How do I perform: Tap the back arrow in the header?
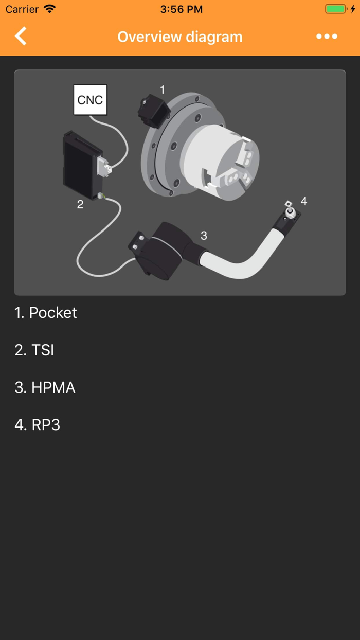click(x=21, y=37)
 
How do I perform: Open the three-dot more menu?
click(x=327, y=37)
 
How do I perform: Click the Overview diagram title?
click(x=179, y=37)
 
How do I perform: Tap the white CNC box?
click(x=90, y=100)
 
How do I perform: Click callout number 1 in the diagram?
click(x=163, y=90)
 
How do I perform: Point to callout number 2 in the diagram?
click(x=80, y=204)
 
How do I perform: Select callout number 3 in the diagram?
click(x=204, y=236)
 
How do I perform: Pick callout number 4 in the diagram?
click(x=304, y=201)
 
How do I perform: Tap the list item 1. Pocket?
click(x=46, y=313)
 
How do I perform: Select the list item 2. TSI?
click(x=34, y=350)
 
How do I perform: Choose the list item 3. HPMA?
click(x=45, y=387)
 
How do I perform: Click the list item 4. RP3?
click(x=38, y=425)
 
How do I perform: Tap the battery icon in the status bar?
click(x=336, y=9)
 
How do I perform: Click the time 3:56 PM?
click(x=181, y=9)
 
